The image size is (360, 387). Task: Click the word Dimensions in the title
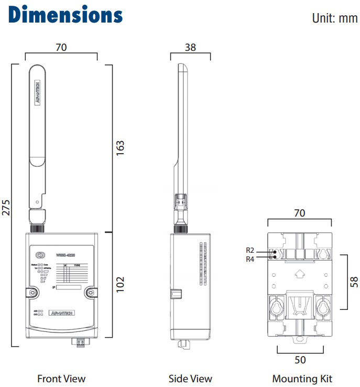[x=66, y=15]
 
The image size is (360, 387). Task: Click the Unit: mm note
[x=334, y=18]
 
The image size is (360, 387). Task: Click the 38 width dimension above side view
[x=191, y=47]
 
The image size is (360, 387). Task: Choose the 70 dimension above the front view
[x=61, y=47]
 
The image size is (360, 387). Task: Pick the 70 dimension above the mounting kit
[x=299, y=213]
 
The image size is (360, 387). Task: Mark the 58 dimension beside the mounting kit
[x=354, y=282]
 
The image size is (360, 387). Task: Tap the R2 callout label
[x=250, y=250]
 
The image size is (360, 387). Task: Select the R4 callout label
[x=250, y=259]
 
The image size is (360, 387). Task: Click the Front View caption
[x=61, y=379]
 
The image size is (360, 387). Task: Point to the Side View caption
[x=190, y=379]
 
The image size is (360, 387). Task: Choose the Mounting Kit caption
[x=302, y=379]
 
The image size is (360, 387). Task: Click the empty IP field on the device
[x=68, y=287]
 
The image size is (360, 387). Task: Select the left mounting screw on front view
[x=32, y=292]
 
